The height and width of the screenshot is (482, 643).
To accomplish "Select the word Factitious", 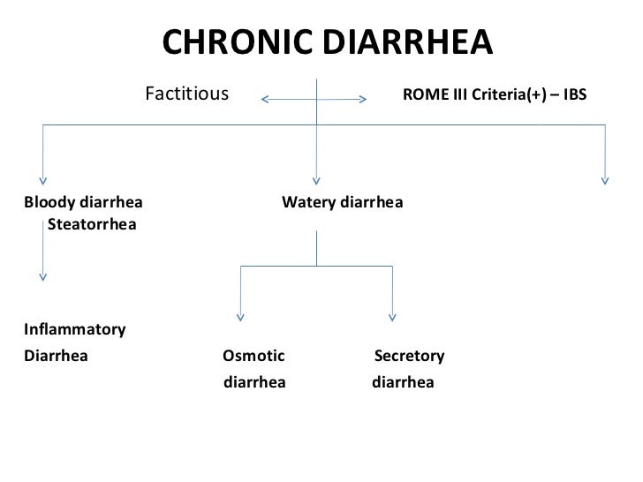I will coord(186,93).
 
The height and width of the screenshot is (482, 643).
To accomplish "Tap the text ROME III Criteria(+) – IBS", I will coord(494,94).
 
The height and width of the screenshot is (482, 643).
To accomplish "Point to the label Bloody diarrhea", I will coord(86,203).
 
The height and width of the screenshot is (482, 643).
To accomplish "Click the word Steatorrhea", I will coord(92,224).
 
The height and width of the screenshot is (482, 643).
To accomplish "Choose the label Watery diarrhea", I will coord(342,203).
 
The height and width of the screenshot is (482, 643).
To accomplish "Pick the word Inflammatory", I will coord(75,330).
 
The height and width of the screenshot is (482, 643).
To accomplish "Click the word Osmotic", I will coord(253,357).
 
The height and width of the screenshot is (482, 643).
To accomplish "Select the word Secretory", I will coord(409,357).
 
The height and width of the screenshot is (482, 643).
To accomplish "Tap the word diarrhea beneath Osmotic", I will coord(254,384).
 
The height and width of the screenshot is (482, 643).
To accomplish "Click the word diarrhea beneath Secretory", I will coord(403,384).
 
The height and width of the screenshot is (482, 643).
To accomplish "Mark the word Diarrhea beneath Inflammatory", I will coord(56,357).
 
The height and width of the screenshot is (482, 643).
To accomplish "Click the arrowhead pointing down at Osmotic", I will coord(241,317).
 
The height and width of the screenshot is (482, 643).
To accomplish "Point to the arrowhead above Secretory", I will coord(392,317).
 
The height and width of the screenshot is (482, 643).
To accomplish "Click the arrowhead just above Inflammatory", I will coord(42,277).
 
